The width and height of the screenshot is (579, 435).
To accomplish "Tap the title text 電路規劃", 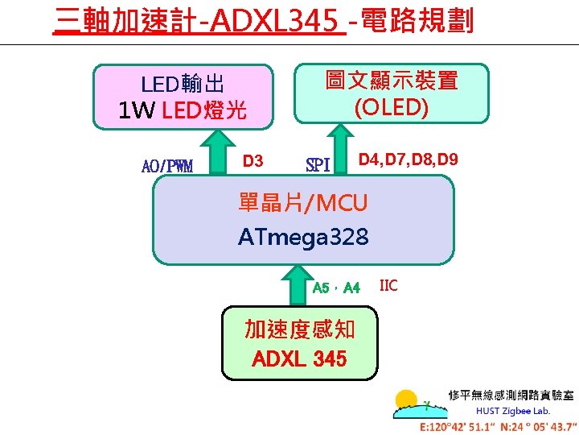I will tap(418, 19).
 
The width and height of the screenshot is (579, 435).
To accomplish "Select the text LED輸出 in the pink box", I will tap(183, 84).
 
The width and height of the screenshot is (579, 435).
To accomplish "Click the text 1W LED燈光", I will tap(183, 110).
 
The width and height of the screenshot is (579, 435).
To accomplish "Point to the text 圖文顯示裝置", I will tap(392, 81).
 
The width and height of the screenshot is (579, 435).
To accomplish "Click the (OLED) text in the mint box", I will tap(392, 107).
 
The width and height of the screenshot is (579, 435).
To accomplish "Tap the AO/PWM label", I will tap(167, 167).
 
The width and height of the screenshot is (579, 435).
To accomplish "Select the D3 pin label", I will tap(253, 161).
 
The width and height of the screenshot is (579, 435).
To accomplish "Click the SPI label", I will tap(318, 166).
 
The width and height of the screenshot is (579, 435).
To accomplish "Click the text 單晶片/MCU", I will tap(303, 203).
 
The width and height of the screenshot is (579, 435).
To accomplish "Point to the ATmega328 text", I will tap(303, 237).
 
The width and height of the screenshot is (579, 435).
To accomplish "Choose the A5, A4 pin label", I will tap(336, 288).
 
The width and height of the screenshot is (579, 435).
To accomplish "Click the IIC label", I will tap(388, 285).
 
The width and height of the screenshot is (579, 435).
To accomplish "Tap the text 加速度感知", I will tap(299, 329).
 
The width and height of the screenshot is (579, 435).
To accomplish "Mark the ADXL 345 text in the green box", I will tap(299, 358).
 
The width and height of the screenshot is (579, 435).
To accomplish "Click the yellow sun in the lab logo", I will tap(406, 400).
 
